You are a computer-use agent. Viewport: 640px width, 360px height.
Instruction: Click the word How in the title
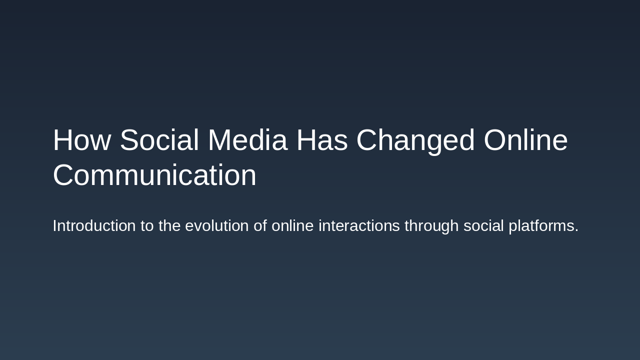81,140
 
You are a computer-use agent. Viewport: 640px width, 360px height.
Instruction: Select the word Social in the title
159,140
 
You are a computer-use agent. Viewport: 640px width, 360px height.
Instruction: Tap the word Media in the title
247,140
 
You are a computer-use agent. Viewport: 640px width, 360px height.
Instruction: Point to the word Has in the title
322,140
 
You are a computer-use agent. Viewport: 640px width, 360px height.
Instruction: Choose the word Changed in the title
415,140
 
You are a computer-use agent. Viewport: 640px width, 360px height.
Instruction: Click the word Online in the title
525,140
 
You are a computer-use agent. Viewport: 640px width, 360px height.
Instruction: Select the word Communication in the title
154,175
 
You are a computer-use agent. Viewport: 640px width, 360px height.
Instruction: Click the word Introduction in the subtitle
94,226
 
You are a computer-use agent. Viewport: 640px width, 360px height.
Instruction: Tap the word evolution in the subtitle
217,226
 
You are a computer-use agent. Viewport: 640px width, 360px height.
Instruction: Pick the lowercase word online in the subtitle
292,226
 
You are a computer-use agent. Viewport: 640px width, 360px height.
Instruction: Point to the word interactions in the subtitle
359,226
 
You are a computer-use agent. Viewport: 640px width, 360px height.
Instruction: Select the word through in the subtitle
431,226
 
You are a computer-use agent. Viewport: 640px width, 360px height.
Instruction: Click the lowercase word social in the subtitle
483,226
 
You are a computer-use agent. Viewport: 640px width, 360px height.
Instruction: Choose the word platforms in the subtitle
541,226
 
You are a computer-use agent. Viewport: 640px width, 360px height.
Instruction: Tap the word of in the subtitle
260,226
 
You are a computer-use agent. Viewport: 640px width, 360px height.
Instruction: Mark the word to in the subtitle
147,226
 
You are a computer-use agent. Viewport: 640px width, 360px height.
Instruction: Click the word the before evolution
169,226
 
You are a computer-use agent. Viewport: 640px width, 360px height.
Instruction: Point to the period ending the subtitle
576,231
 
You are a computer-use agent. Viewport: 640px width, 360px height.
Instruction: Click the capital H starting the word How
62,140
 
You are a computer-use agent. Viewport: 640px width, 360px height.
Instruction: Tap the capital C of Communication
63,175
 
